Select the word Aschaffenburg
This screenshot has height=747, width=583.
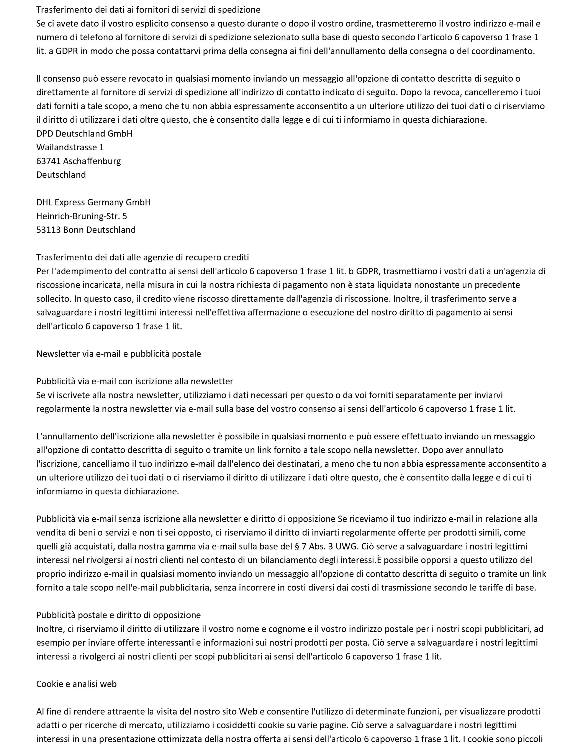point(92,161)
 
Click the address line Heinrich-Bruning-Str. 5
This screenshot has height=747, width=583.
point(82,216)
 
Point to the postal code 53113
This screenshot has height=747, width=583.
point(48,230)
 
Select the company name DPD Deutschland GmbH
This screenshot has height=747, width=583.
point(84,133)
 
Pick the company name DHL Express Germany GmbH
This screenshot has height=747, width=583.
point(93,202)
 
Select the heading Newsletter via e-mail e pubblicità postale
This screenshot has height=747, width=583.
point(119,354)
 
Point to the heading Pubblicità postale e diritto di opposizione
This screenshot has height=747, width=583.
point(119,615)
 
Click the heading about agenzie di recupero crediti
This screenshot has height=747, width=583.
point(142,257)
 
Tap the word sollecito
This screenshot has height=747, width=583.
point(52,299)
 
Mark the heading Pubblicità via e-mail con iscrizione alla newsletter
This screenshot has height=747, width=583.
point(135,381)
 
